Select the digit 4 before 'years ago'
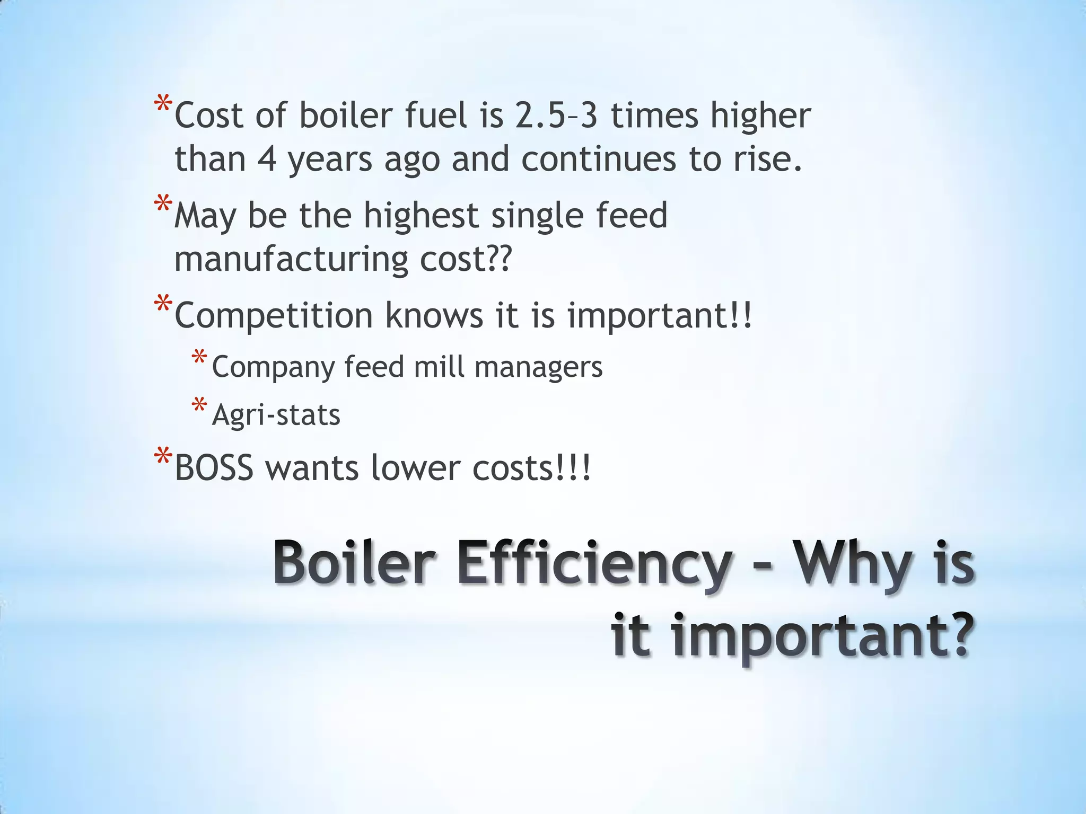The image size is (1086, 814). coord(267,159)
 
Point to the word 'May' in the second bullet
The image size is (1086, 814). coord(205,216)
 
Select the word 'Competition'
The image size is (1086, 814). coord(274,316)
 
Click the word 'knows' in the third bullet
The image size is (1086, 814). coord(434,316)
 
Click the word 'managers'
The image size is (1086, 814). coord(539,367)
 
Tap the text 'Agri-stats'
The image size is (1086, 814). coord(276,415)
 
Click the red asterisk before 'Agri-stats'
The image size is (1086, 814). coord(199,406)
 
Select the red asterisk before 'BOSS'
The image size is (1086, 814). coord(163,456)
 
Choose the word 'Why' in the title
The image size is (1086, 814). coord(852,564)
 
